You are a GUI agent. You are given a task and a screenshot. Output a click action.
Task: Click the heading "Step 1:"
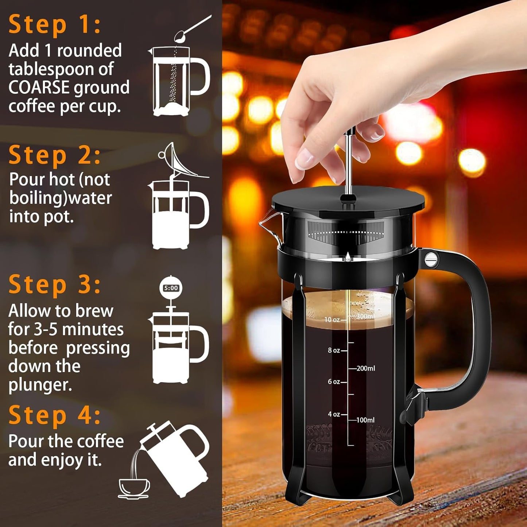click(x=55, y=25)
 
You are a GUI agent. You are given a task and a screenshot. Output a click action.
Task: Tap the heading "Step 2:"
click(x=55, y=155)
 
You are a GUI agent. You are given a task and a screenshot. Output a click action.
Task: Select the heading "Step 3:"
click(x=55, y=284)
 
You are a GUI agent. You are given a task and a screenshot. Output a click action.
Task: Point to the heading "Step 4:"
click(x=55, y=415)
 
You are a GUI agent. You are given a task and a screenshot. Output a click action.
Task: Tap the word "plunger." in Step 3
click(x=40, y=385)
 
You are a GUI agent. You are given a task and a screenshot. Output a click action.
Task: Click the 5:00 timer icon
click(x=171, y=288)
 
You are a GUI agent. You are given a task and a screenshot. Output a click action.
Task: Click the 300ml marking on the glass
click(x=365, y=316)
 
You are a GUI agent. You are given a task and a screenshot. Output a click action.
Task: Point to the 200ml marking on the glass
click(x=365, y=368)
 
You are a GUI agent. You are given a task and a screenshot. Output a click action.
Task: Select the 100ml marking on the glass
click(x=365, y=420)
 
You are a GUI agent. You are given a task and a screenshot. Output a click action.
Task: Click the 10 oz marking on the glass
click(x=332, y=320)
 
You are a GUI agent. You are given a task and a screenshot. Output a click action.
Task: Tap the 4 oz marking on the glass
click(x=334, y=414)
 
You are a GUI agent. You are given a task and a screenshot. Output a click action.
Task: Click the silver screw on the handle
click(x=431, y=259)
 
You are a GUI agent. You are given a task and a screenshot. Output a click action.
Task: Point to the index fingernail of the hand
click(x=303, y=160)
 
